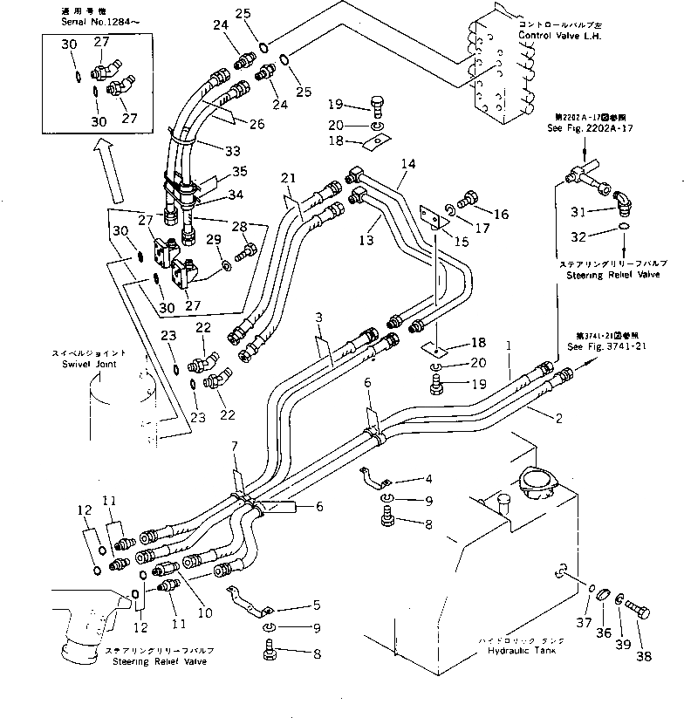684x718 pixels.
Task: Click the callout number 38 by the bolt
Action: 644,657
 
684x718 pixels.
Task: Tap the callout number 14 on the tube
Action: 408,163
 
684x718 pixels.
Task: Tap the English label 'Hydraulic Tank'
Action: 519,650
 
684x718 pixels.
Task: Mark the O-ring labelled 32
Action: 621,229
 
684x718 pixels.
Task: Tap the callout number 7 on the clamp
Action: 233,448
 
